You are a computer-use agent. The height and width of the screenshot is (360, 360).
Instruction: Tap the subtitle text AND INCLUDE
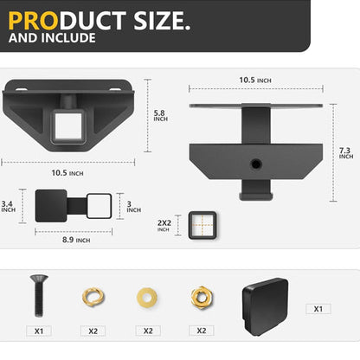pos(53,39)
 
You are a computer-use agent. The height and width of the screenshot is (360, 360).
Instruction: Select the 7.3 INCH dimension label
pos(345,153)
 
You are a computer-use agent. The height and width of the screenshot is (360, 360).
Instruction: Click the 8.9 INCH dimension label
pos(76,240)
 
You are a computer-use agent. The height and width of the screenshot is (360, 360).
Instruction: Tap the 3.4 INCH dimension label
pos(8,207)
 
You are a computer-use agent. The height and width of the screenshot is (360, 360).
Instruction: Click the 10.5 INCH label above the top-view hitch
pos(255,80)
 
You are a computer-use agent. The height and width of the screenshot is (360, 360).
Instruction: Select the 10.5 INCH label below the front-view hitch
pos(67,173)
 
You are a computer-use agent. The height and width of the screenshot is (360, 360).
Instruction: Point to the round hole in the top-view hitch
pos(256,163)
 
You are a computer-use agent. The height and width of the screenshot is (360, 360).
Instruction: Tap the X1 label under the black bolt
pos(38,331)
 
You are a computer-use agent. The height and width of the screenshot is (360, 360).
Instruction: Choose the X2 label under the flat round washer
pos(148,331)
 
